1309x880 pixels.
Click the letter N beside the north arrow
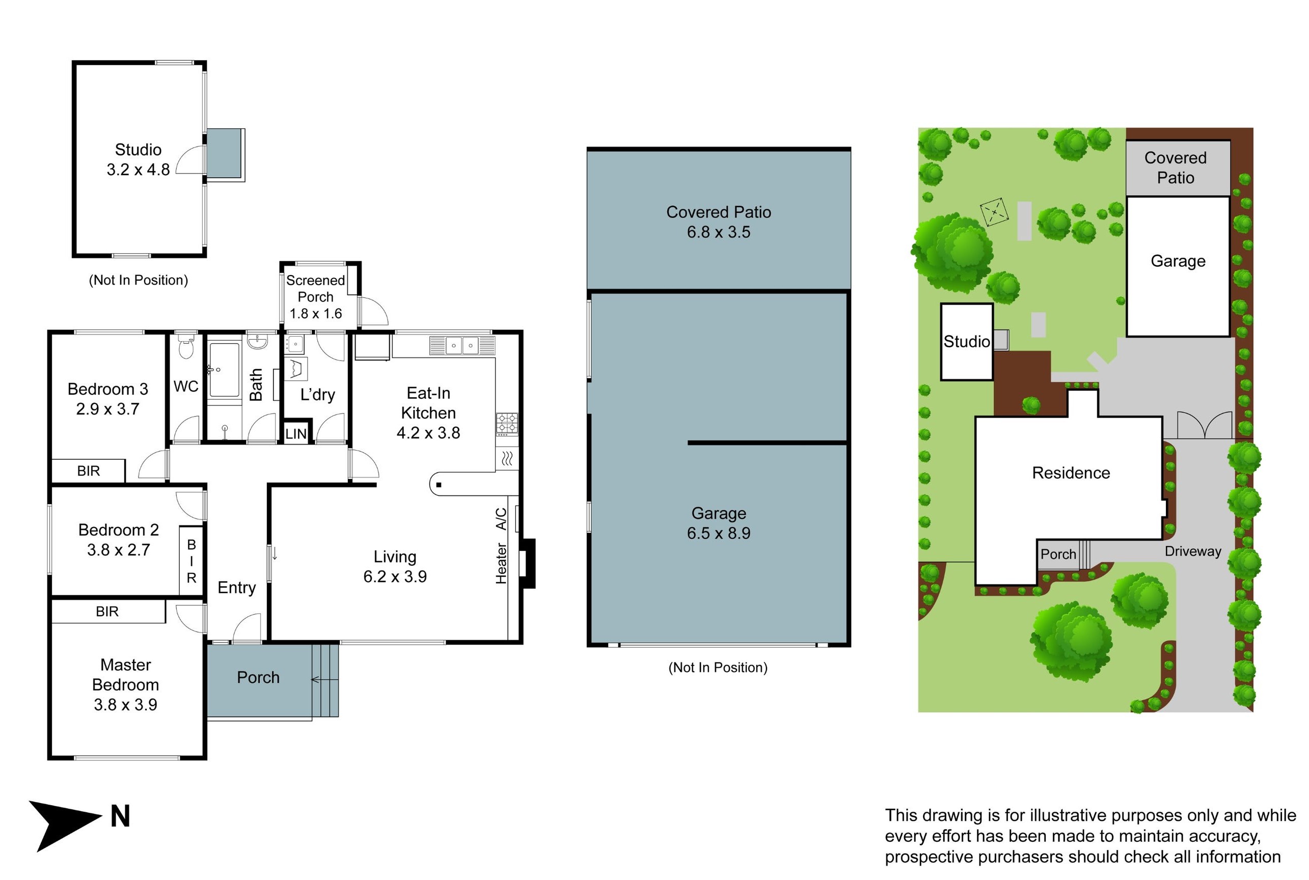pos(120,816)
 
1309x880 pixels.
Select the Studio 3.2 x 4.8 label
pos(138,159)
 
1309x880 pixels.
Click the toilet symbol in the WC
pos(186,347)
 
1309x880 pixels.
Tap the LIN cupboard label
pos(296,433)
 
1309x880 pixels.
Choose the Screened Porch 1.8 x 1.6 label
pos(315,296)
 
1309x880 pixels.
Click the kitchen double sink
pos(461,346)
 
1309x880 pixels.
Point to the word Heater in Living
pos(501,563)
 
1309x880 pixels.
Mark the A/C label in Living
pos(501,519)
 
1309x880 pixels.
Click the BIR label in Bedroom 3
pos(88,471)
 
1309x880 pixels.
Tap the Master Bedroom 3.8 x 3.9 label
pos(125,684)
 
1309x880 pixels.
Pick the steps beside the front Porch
pos(325,680)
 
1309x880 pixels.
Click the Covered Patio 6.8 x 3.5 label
pos(718,222)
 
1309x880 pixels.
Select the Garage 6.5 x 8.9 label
pos(718,522)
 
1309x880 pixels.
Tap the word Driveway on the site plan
pos(1192,551)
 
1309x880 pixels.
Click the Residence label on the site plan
pos(1071,473)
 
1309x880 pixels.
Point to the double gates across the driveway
pos(1204,425)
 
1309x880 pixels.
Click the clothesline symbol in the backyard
pos(994,212)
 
